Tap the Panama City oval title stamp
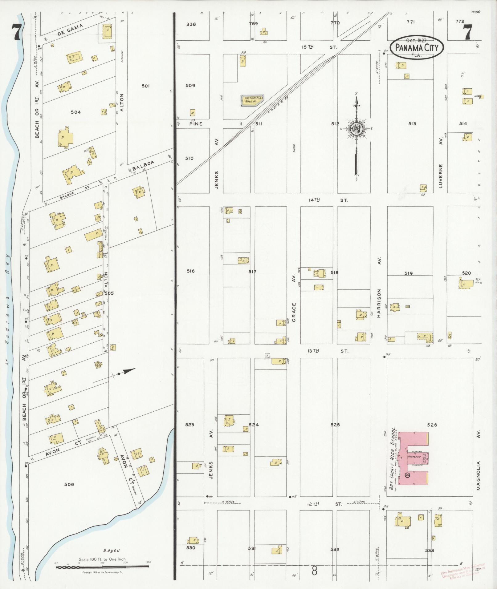click(x=416, y=48)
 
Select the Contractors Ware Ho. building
click(x=252, y=100)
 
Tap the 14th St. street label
click(x=328, y=200)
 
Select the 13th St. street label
click(x=328, y=351)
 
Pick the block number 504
click(x=75, y=112)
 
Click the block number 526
click(x=432, y=425)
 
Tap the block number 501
click(x=145, y=86)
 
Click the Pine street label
click(x=196, y=124)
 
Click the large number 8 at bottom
click(x=314, y=572)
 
